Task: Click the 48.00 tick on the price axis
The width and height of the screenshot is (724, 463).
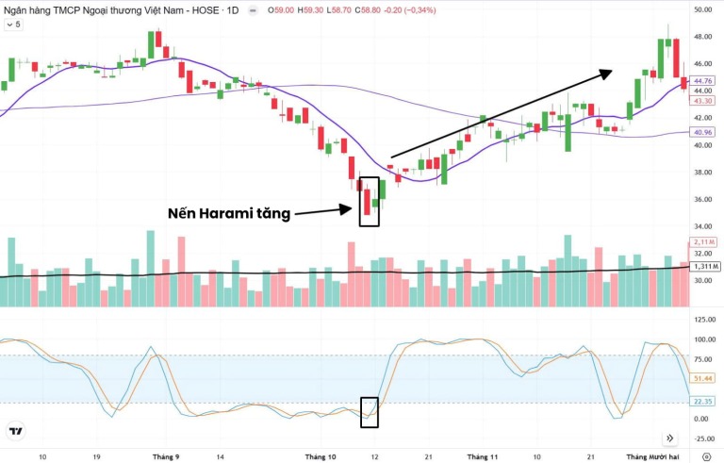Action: (x=702, y=37)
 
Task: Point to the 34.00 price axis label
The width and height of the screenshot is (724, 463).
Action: (x=702, y=226)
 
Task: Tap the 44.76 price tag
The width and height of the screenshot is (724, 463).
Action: (x=702, y=81)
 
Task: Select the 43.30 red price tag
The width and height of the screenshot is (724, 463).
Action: (x=702, y=100)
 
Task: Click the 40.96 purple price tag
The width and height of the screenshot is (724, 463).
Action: (x=702, y=133)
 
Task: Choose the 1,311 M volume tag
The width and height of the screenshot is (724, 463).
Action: (x=703, y=267)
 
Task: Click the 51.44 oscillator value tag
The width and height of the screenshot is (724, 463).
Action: (x=702, y=377)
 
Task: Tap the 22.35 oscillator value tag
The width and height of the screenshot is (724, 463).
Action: (x=702, y=401)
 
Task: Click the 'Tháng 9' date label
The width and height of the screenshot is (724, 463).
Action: (x=166, y=455)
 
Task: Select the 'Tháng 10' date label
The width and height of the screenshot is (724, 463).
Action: (x=321, y=455)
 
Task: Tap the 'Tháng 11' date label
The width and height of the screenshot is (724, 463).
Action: (x=482, y=455)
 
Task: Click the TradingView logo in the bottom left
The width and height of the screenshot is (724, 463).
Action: (x=15, y=432)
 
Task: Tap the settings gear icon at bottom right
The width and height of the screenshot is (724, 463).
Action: (x=707, y=455)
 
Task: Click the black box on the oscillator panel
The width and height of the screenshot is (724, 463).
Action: (x=370, y=412)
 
